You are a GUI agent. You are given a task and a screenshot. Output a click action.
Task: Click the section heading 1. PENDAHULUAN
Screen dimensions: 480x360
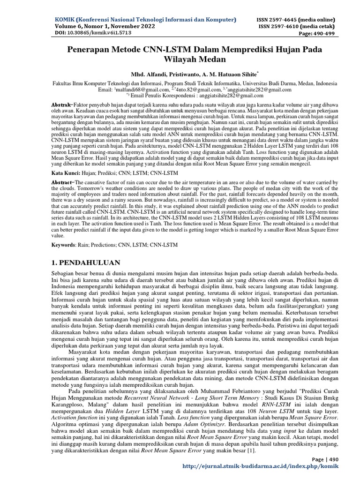85,262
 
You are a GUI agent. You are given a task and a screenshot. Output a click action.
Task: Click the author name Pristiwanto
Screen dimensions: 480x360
182,75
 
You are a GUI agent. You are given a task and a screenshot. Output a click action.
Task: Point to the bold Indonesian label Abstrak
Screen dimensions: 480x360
60,103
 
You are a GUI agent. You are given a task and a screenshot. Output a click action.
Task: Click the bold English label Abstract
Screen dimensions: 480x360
61,181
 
